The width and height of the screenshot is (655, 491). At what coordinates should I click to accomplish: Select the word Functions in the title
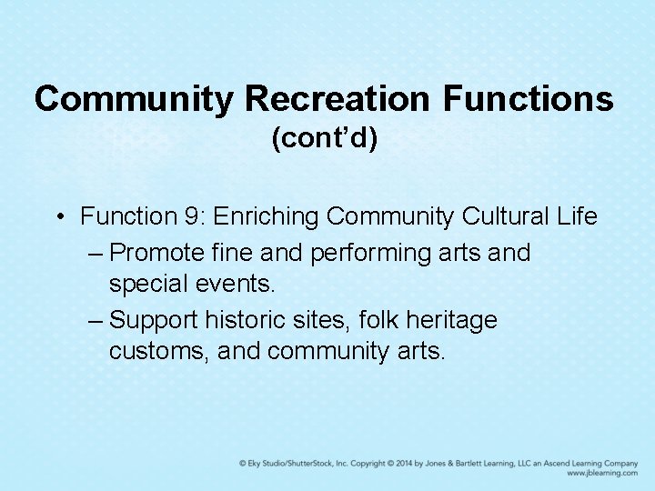529,98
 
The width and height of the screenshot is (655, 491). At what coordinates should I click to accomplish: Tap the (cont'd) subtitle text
325,138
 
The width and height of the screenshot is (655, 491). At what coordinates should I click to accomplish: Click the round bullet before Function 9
58,216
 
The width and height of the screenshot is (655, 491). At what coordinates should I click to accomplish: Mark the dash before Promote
97,253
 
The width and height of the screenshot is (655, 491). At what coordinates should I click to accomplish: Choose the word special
144,285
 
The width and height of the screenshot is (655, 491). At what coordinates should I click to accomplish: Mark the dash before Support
97,320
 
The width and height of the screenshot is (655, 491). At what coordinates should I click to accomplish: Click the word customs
158,351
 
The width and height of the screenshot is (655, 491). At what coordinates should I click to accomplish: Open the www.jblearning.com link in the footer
601,474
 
